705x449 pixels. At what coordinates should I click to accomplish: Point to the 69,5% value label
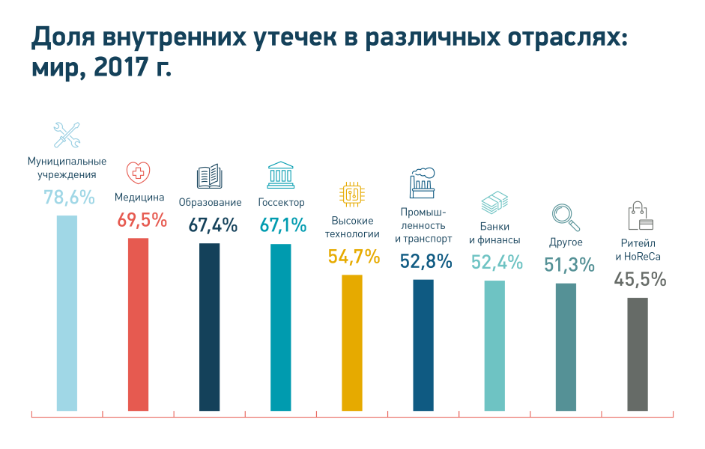(x=142, y=221)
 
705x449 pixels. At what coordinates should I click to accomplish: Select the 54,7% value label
(x=353, y=257)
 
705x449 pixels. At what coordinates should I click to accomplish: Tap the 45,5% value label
(x=640, y=281)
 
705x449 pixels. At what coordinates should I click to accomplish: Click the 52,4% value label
(x=496, y=263)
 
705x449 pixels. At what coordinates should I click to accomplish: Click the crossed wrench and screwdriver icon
(x=67, y=135)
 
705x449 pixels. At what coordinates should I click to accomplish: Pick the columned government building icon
(x=281, y=175)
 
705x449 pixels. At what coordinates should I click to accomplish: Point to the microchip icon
(x=351, y=194)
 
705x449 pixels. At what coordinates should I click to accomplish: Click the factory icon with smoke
(x=423, y=182)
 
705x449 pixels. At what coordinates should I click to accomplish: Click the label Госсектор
(x=282, y=203)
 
